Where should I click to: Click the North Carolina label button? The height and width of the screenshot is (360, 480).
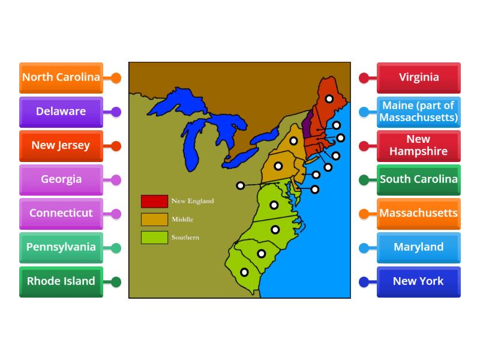pos(61,77)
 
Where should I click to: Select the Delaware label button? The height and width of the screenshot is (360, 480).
pos(61,112)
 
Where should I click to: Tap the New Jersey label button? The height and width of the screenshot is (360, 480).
pos(61,145)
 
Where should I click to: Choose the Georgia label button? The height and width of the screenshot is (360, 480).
pos(61,179)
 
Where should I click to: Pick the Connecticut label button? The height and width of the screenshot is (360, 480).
pos(61,213)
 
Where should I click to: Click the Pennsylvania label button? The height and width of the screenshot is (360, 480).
pos(61,247)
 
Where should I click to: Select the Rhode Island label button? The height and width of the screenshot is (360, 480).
pos(61,281)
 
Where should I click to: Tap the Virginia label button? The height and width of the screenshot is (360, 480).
pos(419,77)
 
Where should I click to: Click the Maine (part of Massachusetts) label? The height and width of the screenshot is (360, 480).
pos(419,112)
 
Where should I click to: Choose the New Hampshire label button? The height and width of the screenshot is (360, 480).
pos(419,145)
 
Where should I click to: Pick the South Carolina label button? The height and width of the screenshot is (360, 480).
pos(419,179)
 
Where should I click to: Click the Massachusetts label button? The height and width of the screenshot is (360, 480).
pos(419,213)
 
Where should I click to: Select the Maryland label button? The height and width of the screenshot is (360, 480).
pos(419,247)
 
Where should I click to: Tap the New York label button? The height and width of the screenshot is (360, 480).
pos(419,281)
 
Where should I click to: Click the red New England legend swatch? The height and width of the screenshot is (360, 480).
pos(154,201)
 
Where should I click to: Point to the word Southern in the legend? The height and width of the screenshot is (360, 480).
pos(185,238)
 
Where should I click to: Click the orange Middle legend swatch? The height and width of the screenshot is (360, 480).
pos(154,219)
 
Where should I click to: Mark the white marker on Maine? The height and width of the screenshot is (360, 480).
pos(329,99)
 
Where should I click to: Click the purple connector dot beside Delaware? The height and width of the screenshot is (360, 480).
pos(116,112)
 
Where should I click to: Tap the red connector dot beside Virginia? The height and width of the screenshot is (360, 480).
pos(364,77)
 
